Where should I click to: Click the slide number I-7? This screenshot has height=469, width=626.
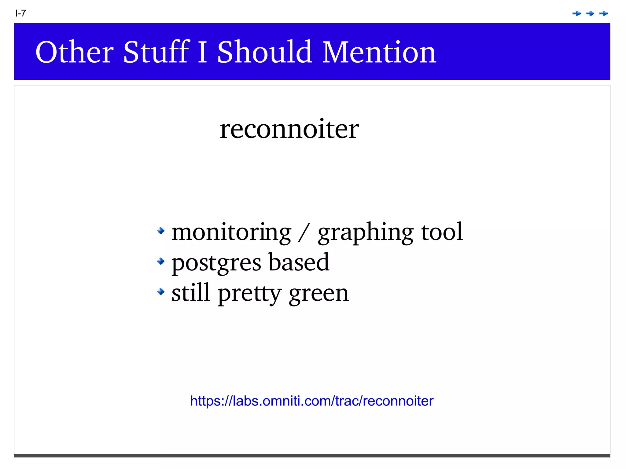(21, 13)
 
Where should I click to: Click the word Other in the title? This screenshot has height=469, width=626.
(75, 52)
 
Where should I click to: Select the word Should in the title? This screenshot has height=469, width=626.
(264, 52)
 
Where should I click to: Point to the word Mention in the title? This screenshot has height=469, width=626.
(379, 52)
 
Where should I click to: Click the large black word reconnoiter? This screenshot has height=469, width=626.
(289, 129)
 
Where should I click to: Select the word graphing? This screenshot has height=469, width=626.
(366, 233)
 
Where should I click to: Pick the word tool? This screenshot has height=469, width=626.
(442, 232)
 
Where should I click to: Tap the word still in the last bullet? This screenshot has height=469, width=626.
(191, 293)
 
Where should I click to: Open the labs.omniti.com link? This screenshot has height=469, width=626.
(311, 401)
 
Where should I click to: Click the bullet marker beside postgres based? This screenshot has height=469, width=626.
(161, 261)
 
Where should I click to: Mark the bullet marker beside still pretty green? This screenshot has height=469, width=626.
(161, 292)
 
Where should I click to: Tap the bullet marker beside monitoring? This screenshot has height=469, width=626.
(161, 231)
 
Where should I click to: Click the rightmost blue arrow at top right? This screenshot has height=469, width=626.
(603, 13)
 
